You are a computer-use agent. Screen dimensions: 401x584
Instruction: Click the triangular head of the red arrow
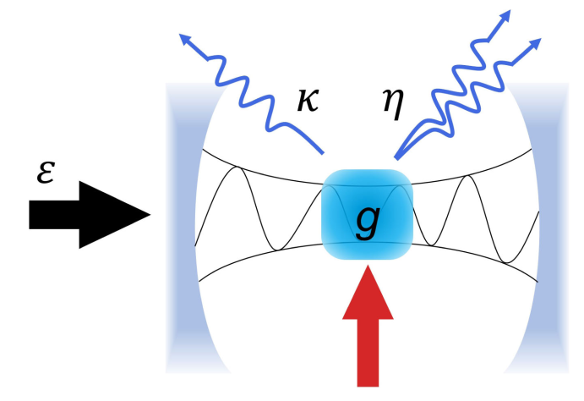pyautogui.click(x=368, y=292)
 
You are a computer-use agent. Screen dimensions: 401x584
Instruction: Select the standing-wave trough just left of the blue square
pyautogui.click(x=276, y=250)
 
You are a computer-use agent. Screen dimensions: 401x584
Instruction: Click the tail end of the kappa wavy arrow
pyautogui.click(x=324, y=153)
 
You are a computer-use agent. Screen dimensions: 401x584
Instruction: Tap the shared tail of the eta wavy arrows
pyautogui.click(x=396, y=157)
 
